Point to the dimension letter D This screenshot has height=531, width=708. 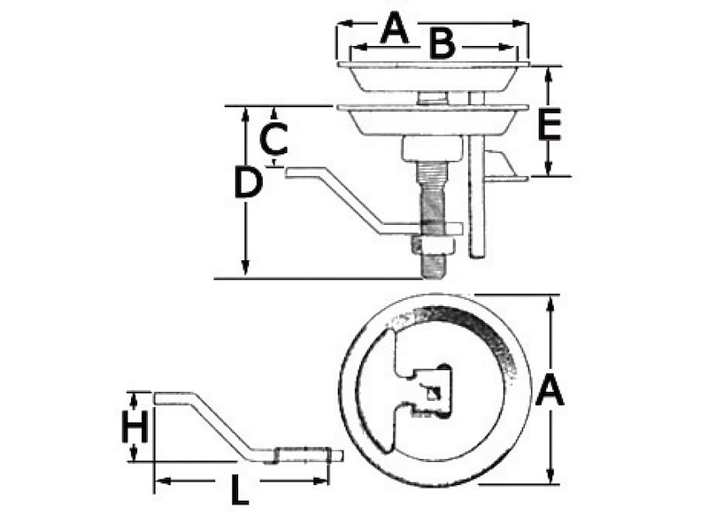point(248,183)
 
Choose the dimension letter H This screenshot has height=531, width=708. point(134,428)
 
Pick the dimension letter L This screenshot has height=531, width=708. point(239,489)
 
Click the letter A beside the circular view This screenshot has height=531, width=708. point(550,390)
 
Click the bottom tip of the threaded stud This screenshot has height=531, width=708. point(432,275)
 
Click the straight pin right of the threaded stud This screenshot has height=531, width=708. point(477,204)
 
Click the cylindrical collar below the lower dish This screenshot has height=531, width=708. point(432,148)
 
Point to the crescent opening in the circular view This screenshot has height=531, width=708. point(376,390)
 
